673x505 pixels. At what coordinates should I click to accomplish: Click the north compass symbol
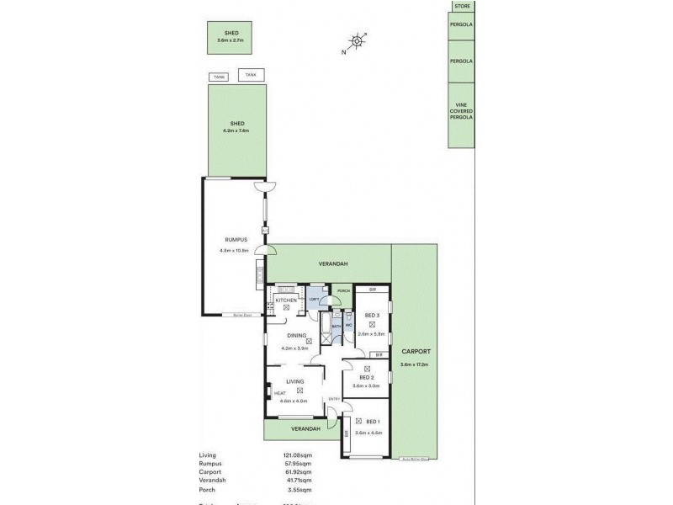point(358,40)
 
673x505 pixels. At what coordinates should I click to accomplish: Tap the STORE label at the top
point(461,6)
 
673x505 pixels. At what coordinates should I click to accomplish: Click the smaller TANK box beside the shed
point(219,77)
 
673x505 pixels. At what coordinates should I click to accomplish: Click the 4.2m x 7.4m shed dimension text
point(236,130)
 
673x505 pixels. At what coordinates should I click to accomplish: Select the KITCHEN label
point(286,300)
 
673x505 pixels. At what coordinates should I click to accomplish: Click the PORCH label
point(343,291)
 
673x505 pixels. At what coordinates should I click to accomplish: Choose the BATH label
point(336,325)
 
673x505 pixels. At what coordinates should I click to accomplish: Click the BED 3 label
point(372,316)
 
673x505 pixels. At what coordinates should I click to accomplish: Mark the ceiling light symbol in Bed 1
point(359,421)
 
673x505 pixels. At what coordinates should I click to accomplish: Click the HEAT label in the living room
point(279,393)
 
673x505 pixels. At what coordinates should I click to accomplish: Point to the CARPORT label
point(416,354)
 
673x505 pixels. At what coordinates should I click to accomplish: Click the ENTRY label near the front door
point(333,399)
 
